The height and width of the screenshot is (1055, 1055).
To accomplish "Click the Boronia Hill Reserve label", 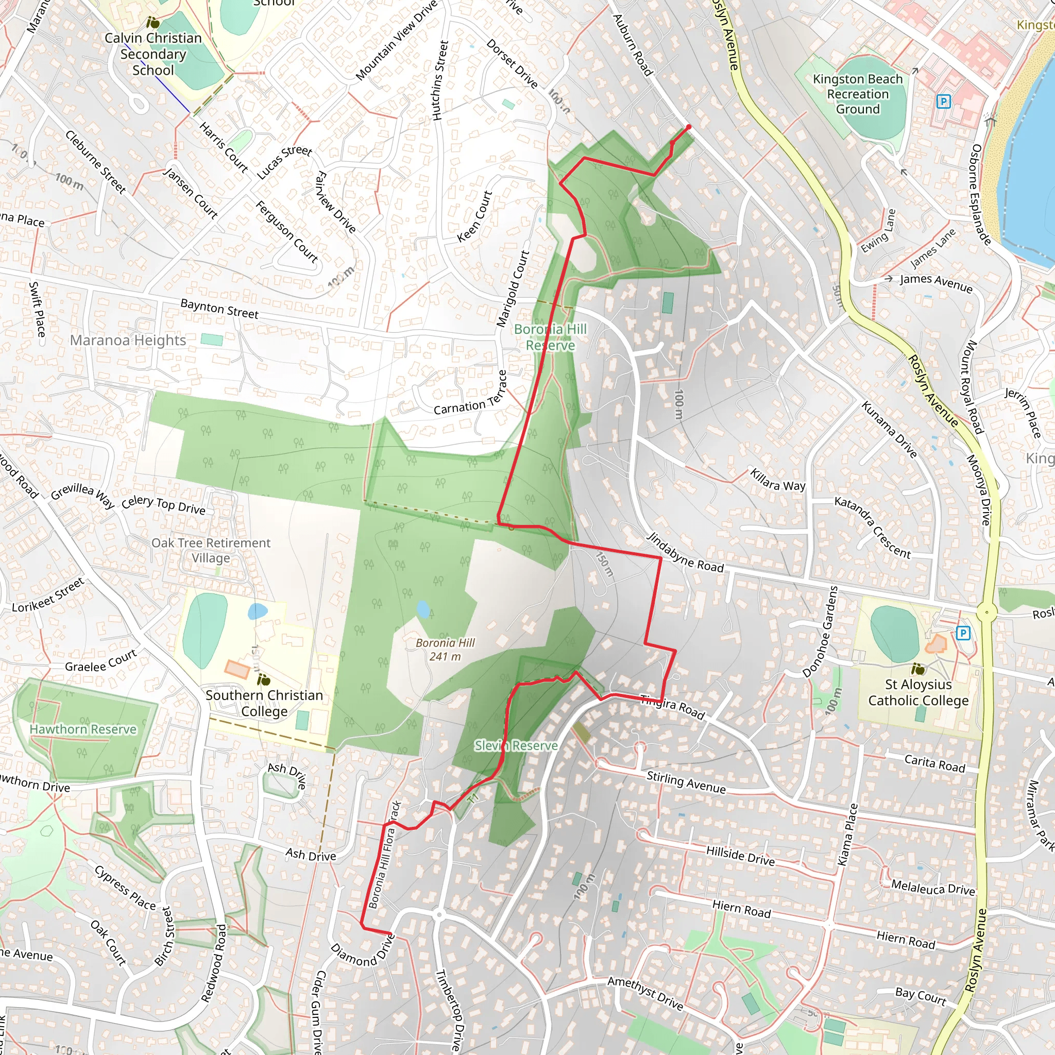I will point(551,337).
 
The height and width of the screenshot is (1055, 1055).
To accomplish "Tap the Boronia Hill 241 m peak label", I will point(445,649).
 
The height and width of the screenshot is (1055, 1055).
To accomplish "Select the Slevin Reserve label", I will point(516,745).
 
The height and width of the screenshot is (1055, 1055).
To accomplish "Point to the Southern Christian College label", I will point(264,703).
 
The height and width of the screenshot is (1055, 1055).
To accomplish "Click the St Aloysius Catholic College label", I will point(918,692).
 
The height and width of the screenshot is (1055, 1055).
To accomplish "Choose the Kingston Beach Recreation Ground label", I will point(858,94).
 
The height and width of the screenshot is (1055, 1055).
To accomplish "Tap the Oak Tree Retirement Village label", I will point(211,550).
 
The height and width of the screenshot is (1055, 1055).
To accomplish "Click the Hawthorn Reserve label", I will point(83,729).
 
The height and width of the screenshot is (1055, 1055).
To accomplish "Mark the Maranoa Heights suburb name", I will point(128,340).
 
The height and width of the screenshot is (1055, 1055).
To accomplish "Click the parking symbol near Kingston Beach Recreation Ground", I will point(943,101).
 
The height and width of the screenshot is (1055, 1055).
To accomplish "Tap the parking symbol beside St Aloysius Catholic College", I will point(963,633).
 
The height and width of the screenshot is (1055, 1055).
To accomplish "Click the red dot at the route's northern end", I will point(689,127).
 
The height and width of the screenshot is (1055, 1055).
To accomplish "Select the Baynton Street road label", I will point(219,309).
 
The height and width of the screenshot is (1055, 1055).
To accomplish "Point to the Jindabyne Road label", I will point(685,552).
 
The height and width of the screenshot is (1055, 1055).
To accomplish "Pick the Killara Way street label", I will point(777,480).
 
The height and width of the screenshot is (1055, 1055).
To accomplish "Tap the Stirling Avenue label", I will point(686,782).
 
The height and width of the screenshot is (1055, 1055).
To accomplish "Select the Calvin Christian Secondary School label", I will point(154,54).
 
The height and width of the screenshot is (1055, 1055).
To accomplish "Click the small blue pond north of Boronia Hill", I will point(423,609).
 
